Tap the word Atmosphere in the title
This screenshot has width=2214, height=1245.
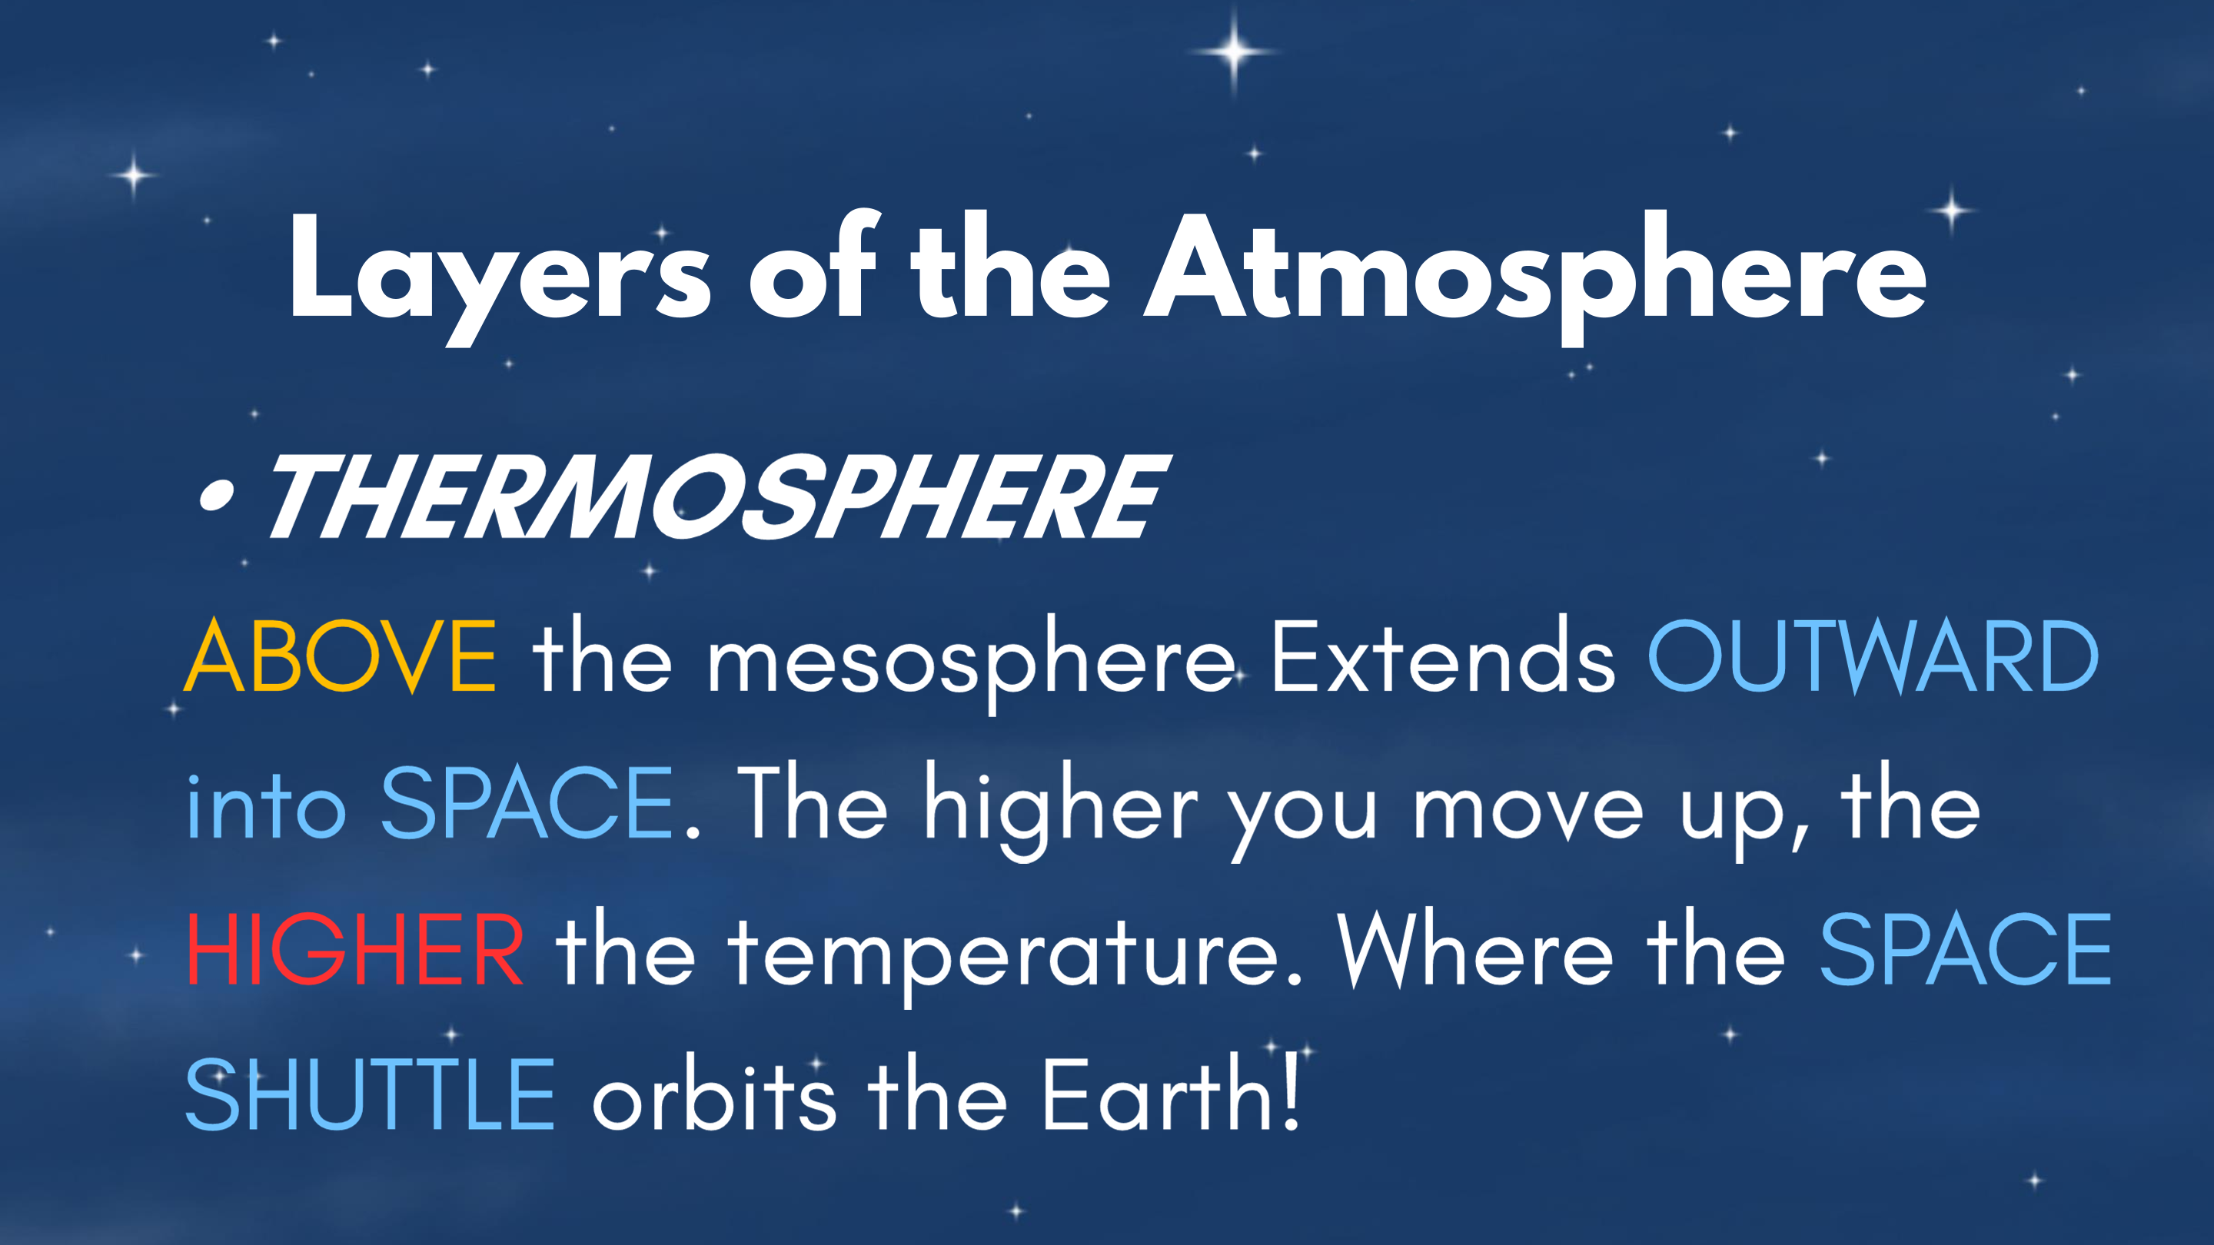pyautogui.click(x=1535, y=277)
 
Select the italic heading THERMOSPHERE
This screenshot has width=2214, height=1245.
pyautogui.click(x=719, y=496)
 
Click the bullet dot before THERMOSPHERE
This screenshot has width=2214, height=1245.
pyautogui.click(x=216, y=496)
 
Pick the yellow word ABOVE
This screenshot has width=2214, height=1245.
pyautogui.click(x=341, y=656)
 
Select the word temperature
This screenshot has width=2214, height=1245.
pyautogui.click(x=1015, y=955)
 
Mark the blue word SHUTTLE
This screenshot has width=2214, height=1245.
pyautogui.click(x=371, y=1095)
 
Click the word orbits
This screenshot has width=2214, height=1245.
pyautogui.click(x=714, y=1094)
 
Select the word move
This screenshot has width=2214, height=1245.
pyautogui.click(x=1528, y=810)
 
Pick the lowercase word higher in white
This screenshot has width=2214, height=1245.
pyautogui.click(x=1062, y=810)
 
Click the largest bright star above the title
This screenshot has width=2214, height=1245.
pyautogui.click(x=1233, y=51)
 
